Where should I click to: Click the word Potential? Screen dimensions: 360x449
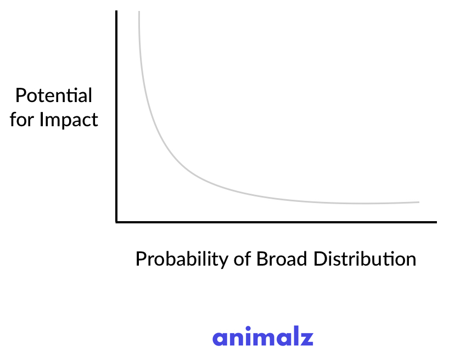(54, 95)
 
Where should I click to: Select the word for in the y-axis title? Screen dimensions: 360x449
(22, 119)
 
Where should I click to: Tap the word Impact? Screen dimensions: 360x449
(69, 120)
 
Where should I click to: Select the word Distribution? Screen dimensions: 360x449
(365, 258)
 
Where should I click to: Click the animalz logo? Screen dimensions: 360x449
(263, 337)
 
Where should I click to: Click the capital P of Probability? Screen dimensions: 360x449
(141, 258)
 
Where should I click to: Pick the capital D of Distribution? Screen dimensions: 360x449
(319, 258)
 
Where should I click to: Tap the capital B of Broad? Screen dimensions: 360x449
(261, 258)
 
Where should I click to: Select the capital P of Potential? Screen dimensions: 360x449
(20, 95)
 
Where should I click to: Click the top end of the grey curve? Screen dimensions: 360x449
(139, 12)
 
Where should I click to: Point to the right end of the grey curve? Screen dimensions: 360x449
(419, 202)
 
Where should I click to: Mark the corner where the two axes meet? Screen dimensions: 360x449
(116, 222)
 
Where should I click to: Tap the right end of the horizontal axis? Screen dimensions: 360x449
(436, 222)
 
